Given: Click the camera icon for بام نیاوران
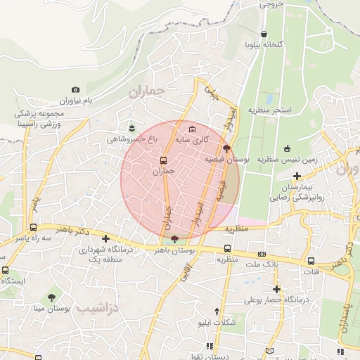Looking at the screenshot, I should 75,90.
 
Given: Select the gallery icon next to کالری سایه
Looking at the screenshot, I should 193,128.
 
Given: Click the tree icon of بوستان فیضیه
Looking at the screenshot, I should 226,148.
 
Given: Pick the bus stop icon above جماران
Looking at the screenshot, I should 163,160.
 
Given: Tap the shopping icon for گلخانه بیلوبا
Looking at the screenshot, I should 264,33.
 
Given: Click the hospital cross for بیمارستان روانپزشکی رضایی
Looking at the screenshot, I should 297,176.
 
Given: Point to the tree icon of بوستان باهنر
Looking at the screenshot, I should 174,239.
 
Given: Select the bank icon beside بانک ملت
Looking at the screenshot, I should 262,254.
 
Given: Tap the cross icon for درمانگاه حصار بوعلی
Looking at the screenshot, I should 277,288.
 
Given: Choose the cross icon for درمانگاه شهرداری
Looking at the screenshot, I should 105,238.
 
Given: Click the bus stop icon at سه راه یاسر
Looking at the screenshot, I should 32,227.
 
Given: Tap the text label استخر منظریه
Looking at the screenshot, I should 284,110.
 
